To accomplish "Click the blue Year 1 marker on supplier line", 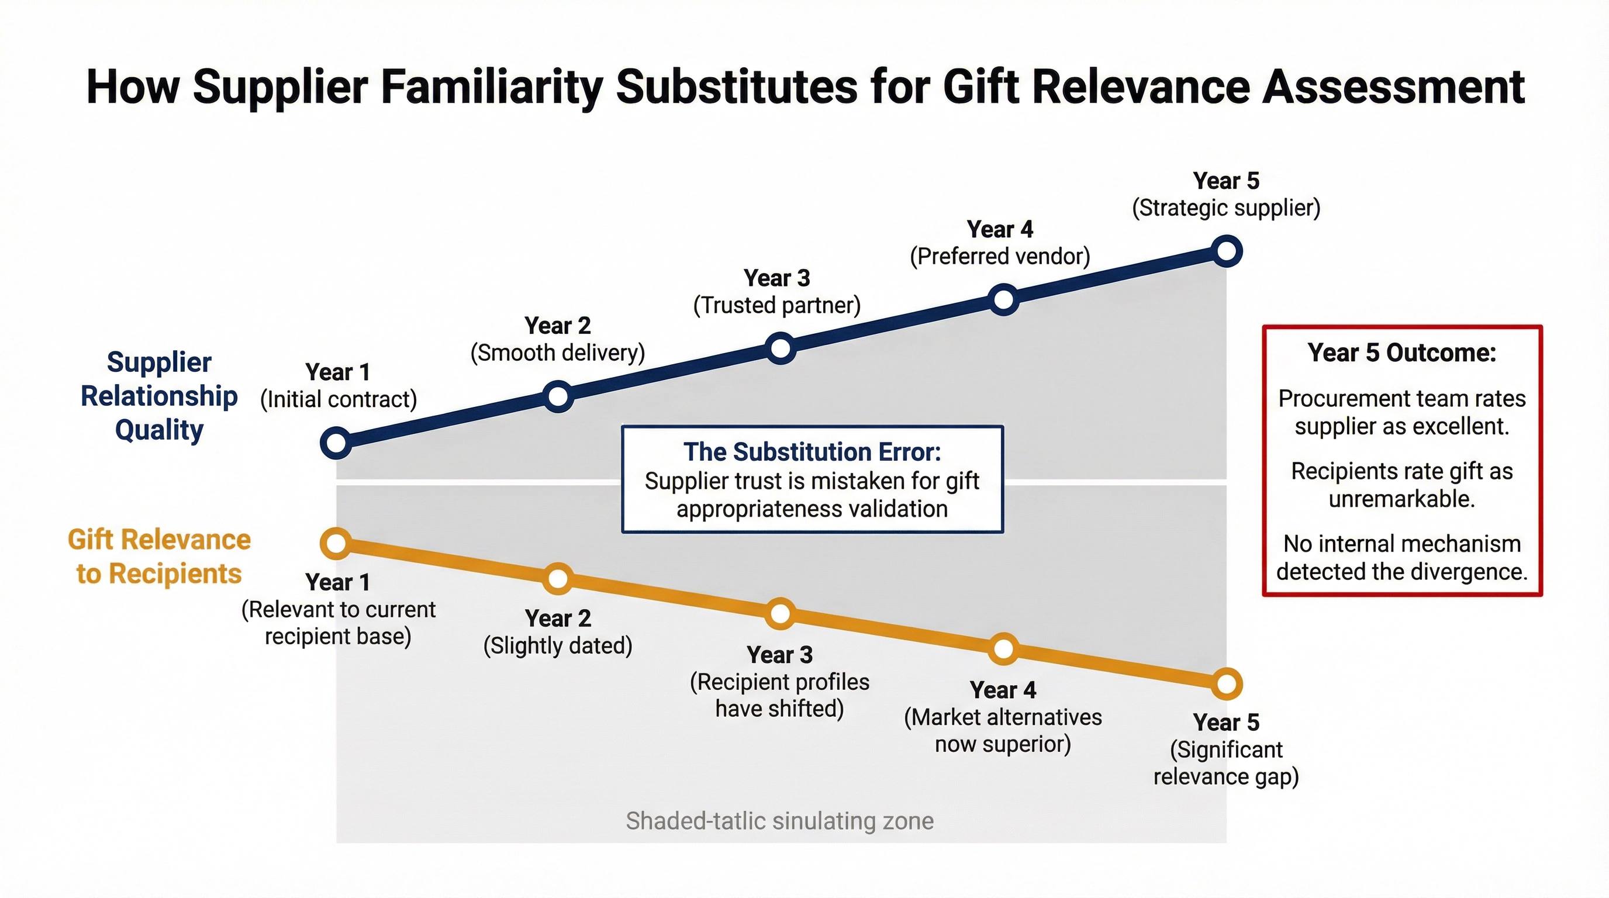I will pyautogui.click(x=336, y=443).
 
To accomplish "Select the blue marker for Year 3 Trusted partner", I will pyautogui.click(x=780, y=348).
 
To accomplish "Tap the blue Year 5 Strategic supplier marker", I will pyautogui.click(x=1227, y=251).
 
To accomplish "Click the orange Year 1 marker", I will pyautogui.click(x=336, y=543).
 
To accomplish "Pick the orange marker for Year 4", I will pyautogui.click(x=1003, y=649).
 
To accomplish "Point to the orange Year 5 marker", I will pyautogui.click(x=1227, y=684).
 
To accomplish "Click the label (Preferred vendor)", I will pyautogui.click(x=1000, y=257).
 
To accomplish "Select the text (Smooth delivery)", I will pyautogui.click(x=557, y=353).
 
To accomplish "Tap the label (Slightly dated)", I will pyautogui.click(x=558, y=645).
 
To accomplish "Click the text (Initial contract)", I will pyautogui.click(x=338, y=400).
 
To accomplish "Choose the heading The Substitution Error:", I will pyautogui.click(x=812, y=451).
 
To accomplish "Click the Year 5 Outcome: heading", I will pyautogui.click(x=1401, y=353).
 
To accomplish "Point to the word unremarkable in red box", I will pyautogui.click(x=1401, y=499).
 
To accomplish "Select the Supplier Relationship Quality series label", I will pyautogui.click(x=159, y=396).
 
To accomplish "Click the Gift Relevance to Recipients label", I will pyautogui.click(x=159, y=557).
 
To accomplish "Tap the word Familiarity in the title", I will pyautogui.click(x=492, y=88).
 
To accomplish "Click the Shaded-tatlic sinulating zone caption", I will pyautogui.click(x=779, y=821).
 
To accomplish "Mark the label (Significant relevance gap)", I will pyautogui.click(x=1226, y=763).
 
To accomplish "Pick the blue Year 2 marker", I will pyautogui.click(x=558, y=396).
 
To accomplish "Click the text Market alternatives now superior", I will pyautogui.click(x=1003, y=731).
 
